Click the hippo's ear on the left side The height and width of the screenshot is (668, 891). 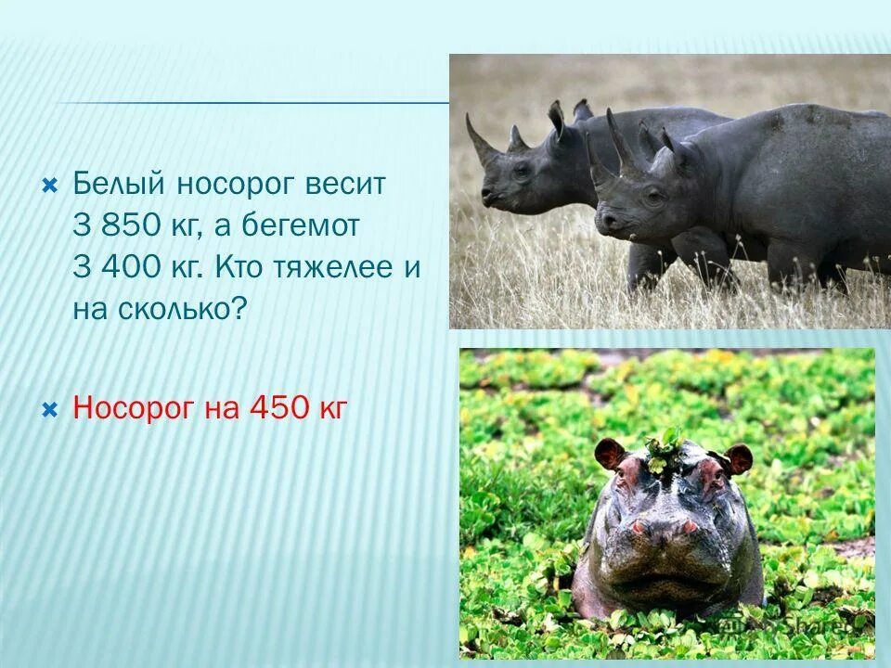610,454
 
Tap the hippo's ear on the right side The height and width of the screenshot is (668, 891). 738,457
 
